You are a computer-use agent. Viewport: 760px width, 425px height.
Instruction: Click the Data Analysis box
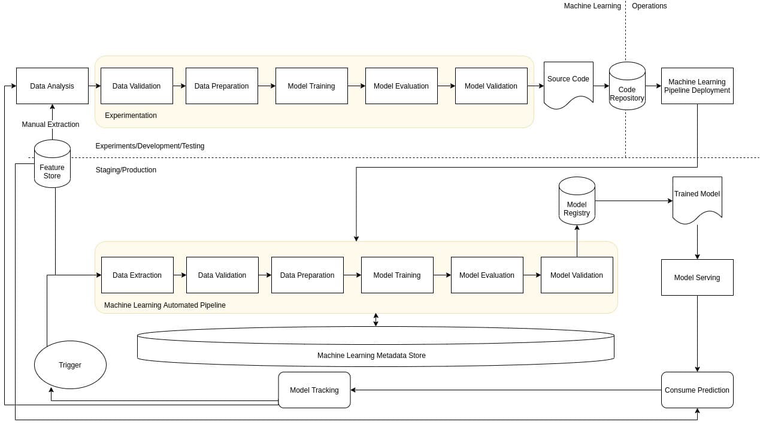52,86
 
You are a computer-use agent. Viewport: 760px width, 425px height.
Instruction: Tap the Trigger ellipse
70,365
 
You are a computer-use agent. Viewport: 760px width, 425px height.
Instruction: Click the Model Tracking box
314,390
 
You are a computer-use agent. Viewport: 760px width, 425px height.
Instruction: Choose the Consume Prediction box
697,390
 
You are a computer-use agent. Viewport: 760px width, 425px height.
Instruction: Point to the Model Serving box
697,277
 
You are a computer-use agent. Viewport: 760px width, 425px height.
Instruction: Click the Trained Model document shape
697,198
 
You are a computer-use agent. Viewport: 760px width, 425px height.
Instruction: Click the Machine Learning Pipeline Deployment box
697,86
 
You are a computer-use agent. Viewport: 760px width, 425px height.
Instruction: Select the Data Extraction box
137,275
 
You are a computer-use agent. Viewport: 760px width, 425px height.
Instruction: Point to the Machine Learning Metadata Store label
371,356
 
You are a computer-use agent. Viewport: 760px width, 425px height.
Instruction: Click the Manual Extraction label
50,125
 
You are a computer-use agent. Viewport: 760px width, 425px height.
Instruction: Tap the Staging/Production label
126,170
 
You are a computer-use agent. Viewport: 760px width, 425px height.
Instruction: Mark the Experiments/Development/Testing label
150,146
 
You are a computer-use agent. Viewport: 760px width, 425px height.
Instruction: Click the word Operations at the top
649,6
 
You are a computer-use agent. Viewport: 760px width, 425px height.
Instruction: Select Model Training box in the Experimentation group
311,86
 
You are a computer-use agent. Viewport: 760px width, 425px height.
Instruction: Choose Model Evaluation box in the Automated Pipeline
486,275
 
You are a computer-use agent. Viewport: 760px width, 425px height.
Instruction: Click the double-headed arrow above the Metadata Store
376,320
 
